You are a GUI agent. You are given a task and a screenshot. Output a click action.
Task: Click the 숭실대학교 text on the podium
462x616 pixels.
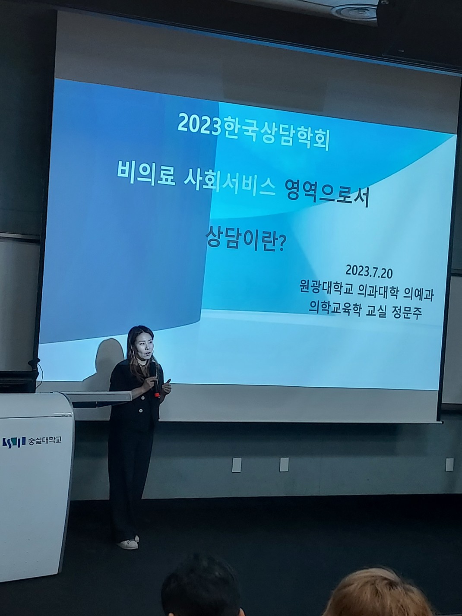pos(44,440)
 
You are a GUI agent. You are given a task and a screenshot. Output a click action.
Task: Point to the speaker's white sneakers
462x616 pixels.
pos(129,543)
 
